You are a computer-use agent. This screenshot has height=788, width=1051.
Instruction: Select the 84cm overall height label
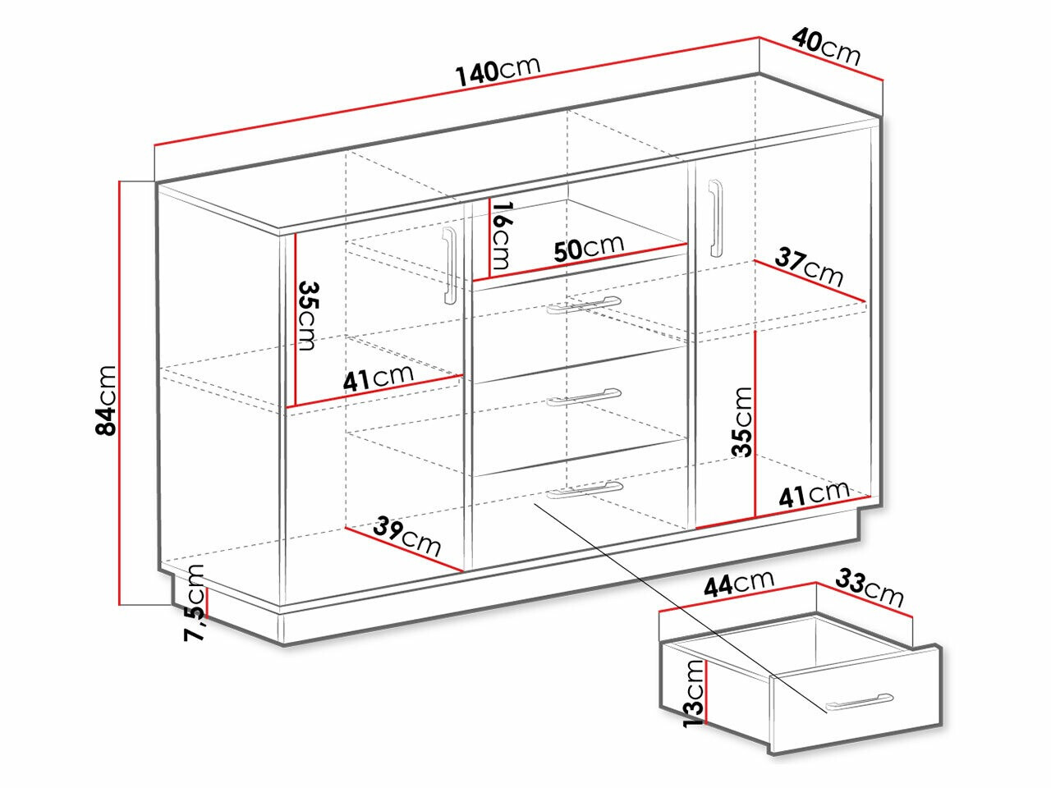(106, 401)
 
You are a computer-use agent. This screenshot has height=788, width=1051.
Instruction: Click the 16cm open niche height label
(503, 235)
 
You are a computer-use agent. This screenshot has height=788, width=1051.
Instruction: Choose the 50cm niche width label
(589, 248)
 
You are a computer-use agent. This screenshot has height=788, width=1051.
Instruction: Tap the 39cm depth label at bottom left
(407, 536)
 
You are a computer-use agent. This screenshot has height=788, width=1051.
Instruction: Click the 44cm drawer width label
(739, 583)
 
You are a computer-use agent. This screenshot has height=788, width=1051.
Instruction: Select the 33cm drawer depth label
(870, 588)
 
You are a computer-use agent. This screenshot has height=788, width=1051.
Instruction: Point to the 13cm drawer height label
(695, 694)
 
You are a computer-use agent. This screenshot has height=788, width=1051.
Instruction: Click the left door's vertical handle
(450, 265)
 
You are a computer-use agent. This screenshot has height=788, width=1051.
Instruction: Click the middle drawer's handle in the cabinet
(584, 396)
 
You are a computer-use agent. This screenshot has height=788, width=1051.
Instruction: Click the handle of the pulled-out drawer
(859, 701)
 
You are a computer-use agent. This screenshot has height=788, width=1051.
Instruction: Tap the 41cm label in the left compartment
(379, 378)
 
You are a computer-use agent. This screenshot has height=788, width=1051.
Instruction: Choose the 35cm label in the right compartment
(741, 422)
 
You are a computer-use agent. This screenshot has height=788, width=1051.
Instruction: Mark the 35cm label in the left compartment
(307, 316)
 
